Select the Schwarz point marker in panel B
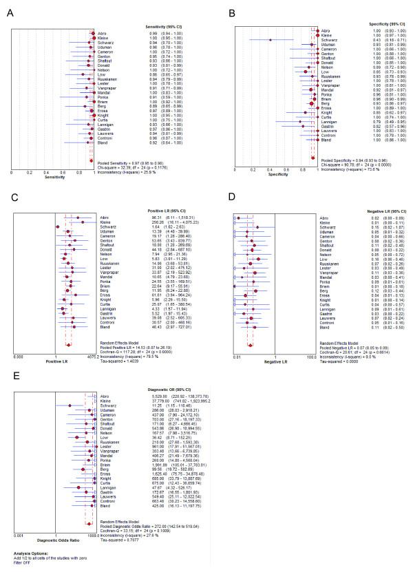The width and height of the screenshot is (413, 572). click(270, 41)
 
